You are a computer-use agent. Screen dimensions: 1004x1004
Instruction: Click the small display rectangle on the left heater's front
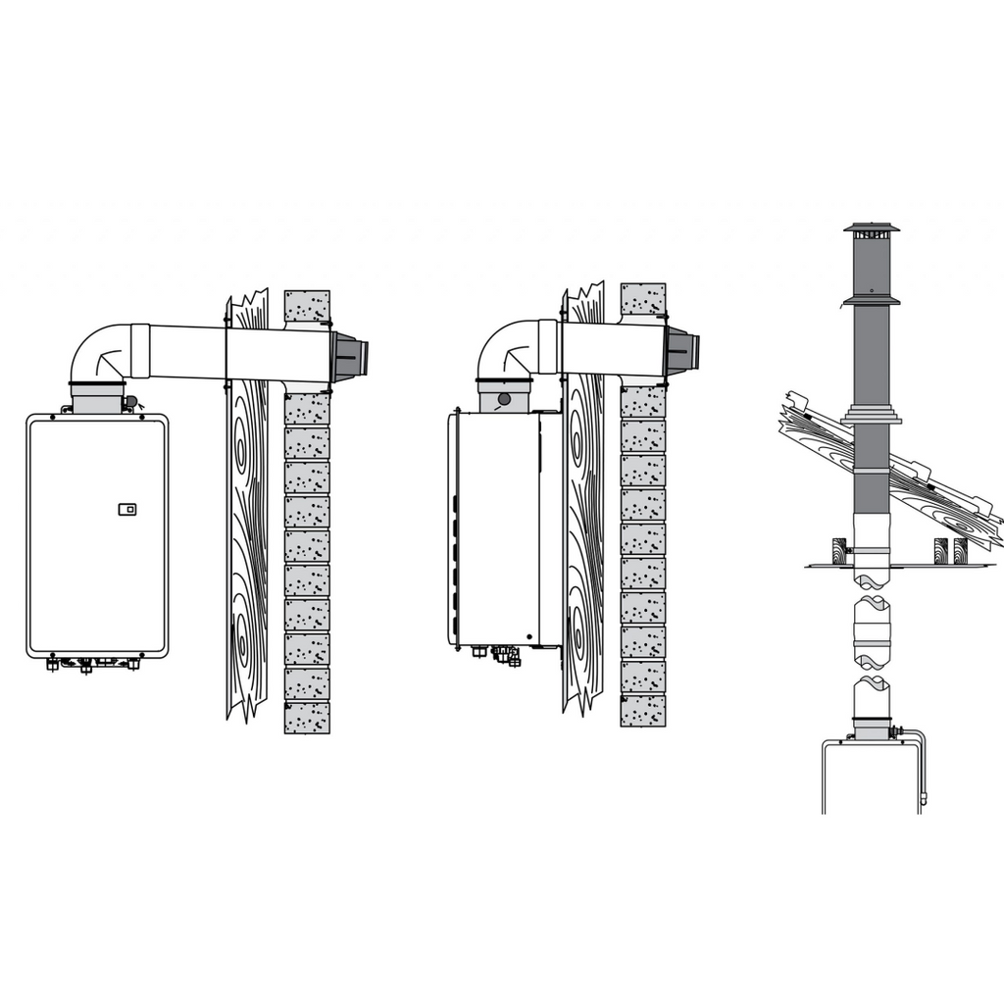coord(126,509)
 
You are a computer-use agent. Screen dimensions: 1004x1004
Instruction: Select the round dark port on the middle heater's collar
coord(504,399)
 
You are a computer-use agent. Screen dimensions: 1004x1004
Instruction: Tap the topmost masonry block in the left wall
coord(307,306)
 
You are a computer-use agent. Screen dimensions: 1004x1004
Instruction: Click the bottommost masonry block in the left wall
coord(307,718)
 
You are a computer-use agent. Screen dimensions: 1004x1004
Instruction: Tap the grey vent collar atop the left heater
coord(97,397)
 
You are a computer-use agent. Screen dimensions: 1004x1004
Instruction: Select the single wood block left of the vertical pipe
coord(839,549)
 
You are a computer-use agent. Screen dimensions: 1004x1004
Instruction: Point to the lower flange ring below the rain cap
coord(872,301)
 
